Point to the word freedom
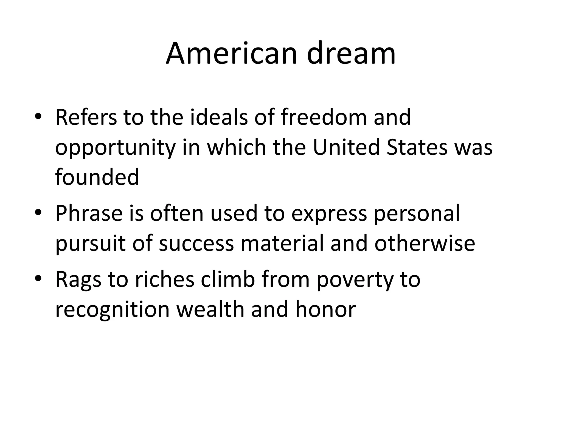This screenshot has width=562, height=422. [x=324, y=117]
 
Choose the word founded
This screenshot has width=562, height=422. [x=97, y=177]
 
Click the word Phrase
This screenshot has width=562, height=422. [x=89, y=213]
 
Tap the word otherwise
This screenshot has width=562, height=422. [x=425, y=244]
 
